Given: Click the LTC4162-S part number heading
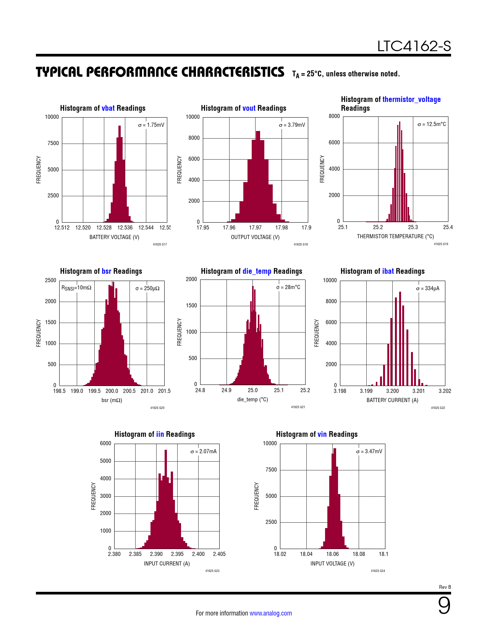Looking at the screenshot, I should pyautogui.click(x=414, y=46).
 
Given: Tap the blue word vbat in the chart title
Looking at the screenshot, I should pyautogui.click(x=108, y=108).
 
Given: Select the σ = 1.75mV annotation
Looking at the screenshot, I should pyautogui.click(x=151, y=125).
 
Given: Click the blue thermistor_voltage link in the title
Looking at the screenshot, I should pyautogui.click(x=411, y=99).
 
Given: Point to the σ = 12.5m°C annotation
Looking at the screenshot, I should pyautogui.click(x=432, y=124).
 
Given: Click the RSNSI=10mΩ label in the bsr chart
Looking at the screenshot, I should pyautogui.click(x=76, y=288).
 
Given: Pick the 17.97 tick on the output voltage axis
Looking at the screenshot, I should pyautogui.click(x=255, y=228).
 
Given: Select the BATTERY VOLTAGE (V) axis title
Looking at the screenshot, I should pyautogui.click(x=114, y=237).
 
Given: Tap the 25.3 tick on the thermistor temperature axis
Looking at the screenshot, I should pyautogui.click(x=413, y=227).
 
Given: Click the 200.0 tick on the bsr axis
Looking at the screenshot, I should pyautogui.click(x=112, y=391).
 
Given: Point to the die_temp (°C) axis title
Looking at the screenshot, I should pyautogui.click(x=252, y=399).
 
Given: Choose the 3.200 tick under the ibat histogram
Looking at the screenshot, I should pyautogui.click(x=392, y=391).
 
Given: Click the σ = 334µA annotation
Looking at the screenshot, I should pyautogui.click(x=428, y=288).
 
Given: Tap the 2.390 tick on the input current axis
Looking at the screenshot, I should pyautogui.click(x=156, y=554).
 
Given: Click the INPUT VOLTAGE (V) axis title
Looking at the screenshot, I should pyautogui.click(x=332, y=564).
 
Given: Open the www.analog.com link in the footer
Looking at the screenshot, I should pyautogui.click(x=270, y=613).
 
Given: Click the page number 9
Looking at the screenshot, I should pyautogui.click(x=444, y=606).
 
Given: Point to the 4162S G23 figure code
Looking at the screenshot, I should pyautogui.click(x=212, y=571).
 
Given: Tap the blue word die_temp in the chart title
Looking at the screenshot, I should pyautogui.click(x=257, y=271).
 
